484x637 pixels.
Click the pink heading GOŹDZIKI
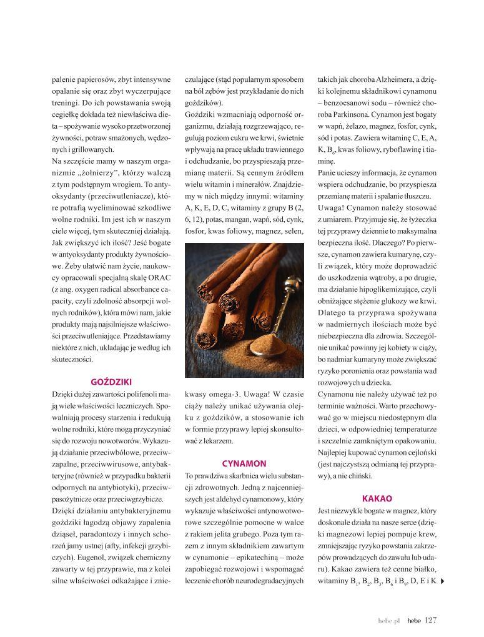(x=111, y=382)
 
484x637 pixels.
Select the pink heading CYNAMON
(x=244, y=463)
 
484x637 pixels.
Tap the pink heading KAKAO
(x=377, y=498)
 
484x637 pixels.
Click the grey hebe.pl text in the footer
(x=388, y=621)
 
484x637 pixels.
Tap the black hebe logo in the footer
(x=413, y=621)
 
